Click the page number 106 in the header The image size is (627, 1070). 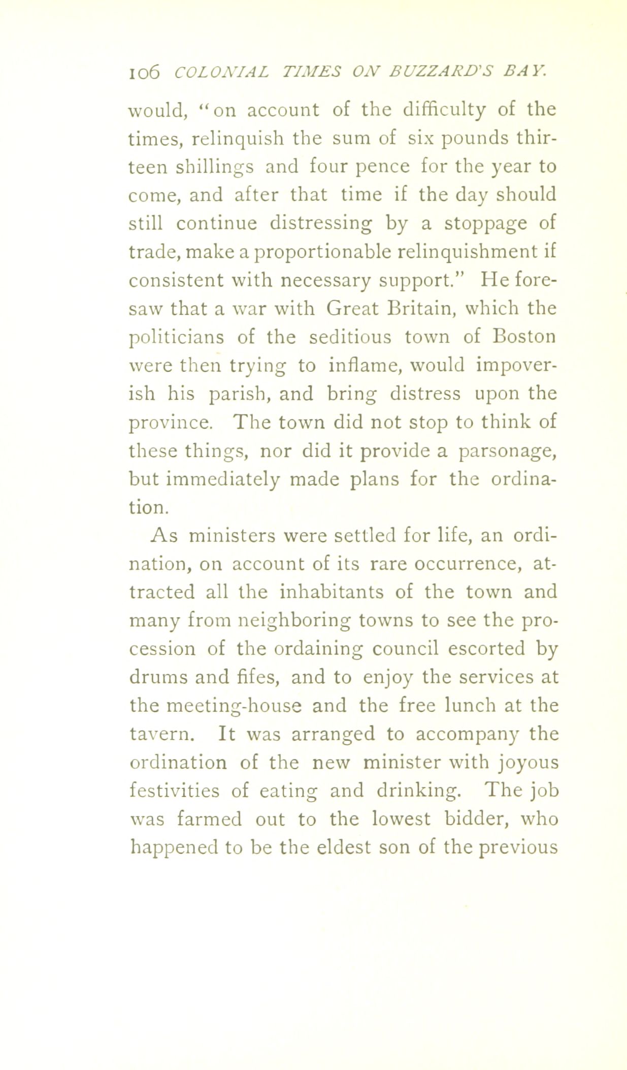click(144, 72)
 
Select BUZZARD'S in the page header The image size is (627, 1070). click(430, 72)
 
